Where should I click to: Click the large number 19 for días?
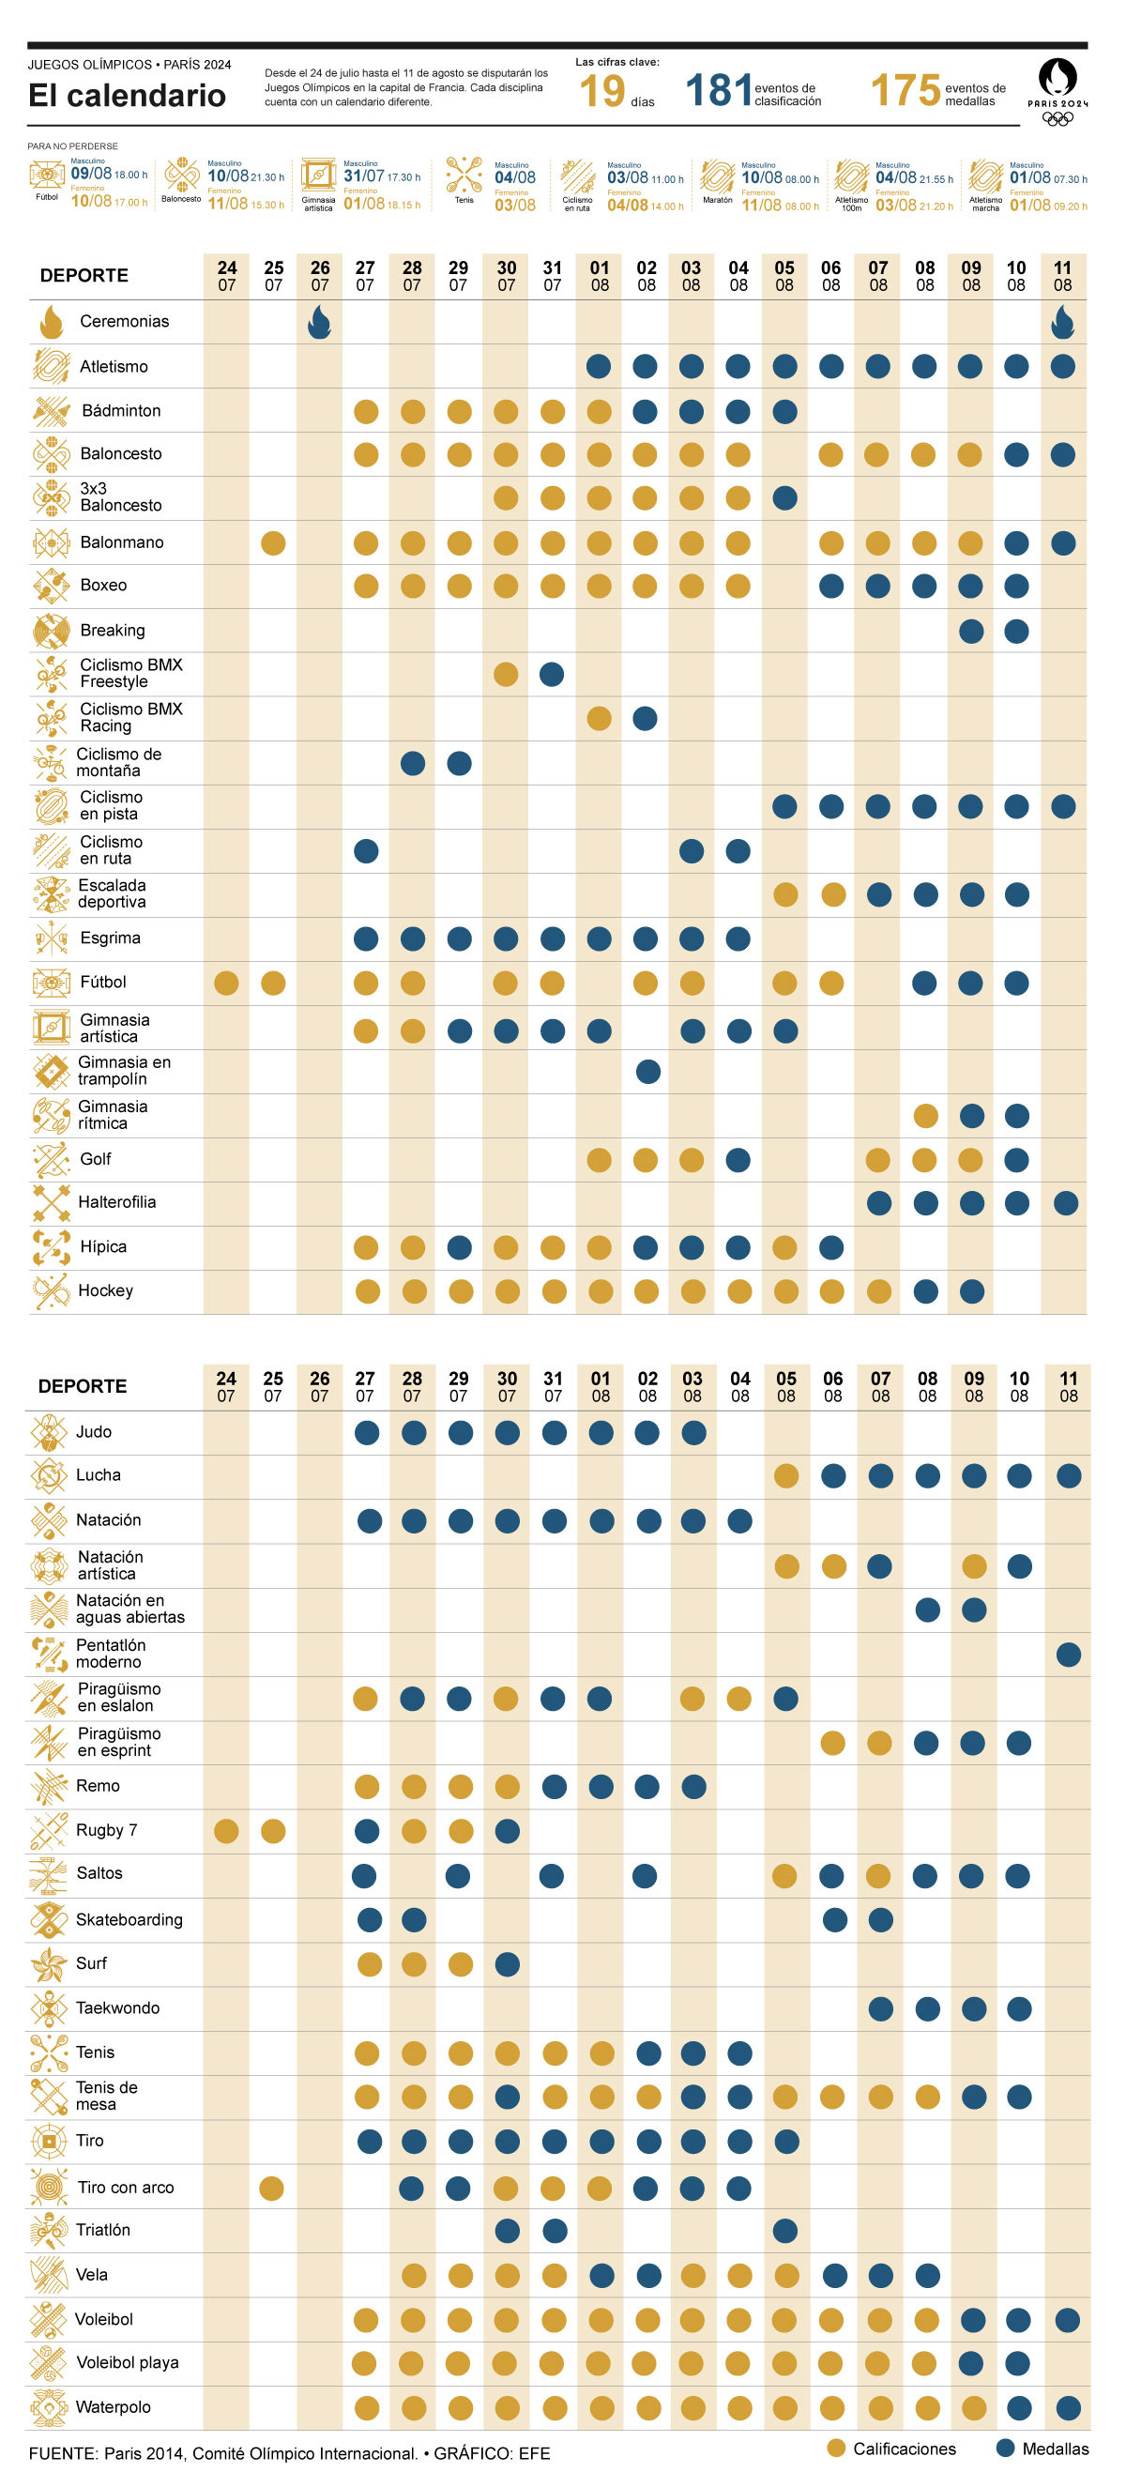tap(601, 93)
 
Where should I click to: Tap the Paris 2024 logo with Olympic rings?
tap(1058, 93)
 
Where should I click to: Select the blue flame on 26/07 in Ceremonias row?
tap(320, 323)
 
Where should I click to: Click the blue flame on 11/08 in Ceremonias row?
tap(1062, 323)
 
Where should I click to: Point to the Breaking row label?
tap(112, 631)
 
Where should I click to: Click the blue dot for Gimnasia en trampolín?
tap(648, 1071)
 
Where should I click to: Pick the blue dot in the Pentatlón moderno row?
tap(1068, 1655)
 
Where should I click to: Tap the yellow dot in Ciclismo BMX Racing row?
tap(599, 718)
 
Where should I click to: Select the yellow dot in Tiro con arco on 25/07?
tap(272, 2188)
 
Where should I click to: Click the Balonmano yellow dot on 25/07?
tap(273, 542)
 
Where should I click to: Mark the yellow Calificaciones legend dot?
tap(836, 2449)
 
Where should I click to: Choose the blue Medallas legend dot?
tap(1005, 2449)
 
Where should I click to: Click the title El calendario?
tap(127, 96)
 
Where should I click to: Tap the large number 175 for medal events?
tap(905, 91)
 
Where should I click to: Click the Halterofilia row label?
tap(117, 1202)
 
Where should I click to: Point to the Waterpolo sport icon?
tap(48, 2407)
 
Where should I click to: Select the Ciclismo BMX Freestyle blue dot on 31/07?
tap(552, 674)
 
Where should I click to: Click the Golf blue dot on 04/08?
tap(738, 1160)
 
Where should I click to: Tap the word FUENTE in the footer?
tap(63, 2453)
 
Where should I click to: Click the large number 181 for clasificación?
tap(718, 91)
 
